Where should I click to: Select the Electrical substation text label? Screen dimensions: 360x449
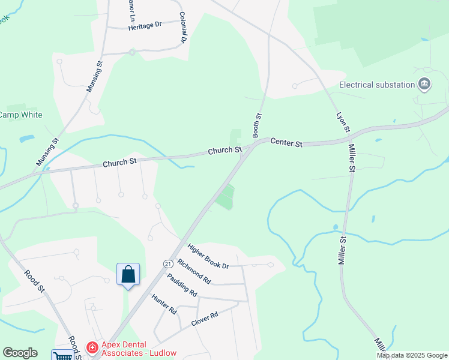tap(377, 85)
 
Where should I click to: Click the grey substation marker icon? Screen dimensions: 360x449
tap(425, 84)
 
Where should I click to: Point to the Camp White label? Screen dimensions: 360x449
tap(20, 115)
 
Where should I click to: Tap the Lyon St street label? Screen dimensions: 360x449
tap(343, 122)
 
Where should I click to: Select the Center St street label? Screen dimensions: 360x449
tap(287, 143)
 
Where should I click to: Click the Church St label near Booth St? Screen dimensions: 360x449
tap(225, 149)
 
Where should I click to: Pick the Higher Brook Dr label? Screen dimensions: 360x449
tap(208, 256)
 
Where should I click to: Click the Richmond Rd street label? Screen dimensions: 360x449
tap(194, 271)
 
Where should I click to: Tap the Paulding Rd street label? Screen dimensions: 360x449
tap(182, 285)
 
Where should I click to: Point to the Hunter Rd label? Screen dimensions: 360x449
tap(164, 304)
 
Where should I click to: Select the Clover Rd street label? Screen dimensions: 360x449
tap(204, 319)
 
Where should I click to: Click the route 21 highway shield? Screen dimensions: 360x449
tap(166, 263)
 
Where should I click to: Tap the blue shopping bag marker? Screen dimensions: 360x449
tap(128, 275)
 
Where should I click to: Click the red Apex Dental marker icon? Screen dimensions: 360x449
tap(92, 347)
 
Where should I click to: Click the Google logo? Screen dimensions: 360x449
tap(20, 353)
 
